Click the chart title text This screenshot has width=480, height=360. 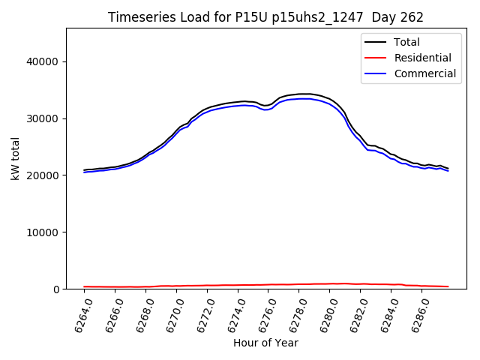click(x=265, y=17)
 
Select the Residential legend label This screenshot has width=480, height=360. click(x=423, y=58)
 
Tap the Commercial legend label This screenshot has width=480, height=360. click(x=425, y=73)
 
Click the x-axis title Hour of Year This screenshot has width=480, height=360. click(x=265, y=343)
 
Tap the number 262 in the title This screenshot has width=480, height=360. click(x=412, y=17)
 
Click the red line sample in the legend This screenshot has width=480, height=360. click(x=376, y=58)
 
